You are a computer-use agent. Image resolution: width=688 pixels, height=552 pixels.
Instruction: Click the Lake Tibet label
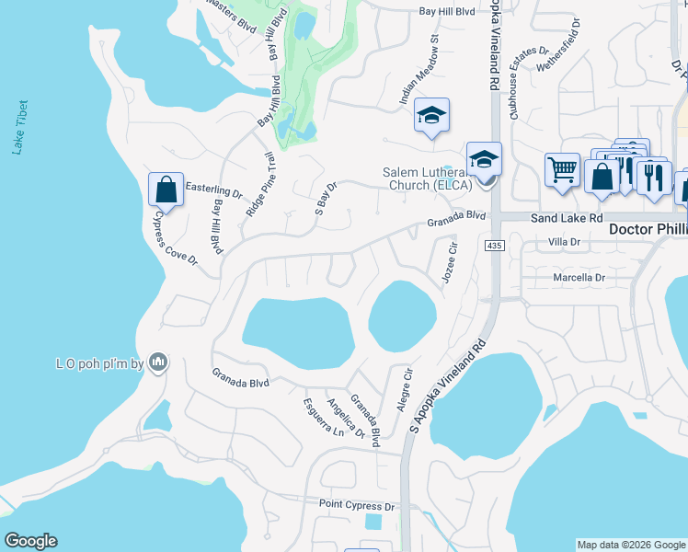coord(20,128)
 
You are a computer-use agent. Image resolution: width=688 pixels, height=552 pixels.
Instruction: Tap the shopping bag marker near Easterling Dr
coord(166,190)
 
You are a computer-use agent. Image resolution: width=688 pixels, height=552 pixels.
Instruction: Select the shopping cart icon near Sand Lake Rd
coord(562,169)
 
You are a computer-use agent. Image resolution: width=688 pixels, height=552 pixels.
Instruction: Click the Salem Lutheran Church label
coord(428,178)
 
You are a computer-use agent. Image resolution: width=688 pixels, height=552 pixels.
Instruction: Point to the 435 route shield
coord(495,245)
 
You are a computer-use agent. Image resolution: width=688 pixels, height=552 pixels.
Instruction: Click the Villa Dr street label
coord(565,242)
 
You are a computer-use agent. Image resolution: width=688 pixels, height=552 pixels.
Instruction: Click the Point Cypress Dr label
coord(356,505)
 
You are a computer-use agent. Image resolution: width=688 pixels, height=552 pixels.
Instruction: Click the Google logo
coord(30,541)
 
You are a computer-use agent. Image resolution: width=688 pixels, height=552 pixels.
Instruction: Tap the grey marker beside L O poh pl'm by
coord(159,363)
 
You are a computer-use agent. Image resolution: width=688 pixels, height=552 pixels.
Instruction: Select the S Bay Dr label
coord(327,199)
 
